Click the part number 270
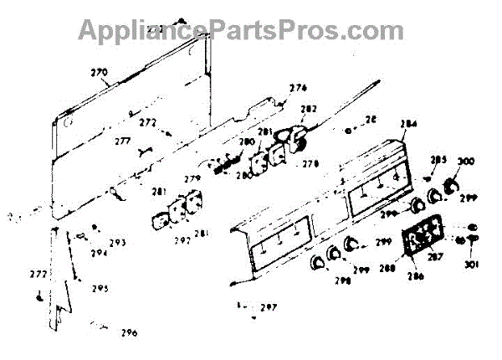(x=99, y=74)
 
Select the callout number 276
(x=298, y=88)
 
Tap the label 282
(x=309, y=109)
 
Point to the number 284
(x=408, y=124)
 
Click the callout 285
(x=438, y=158)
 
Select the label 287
(x=434, y=255)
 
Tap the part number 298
(x=317, y=281)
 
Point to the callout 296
(x=128, y=332)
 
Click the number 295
(x=100, y=289)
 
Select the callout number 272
(x=147, y=123)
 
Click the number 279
(x=192, y=178)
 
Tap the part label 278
(x=311, y=163)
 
